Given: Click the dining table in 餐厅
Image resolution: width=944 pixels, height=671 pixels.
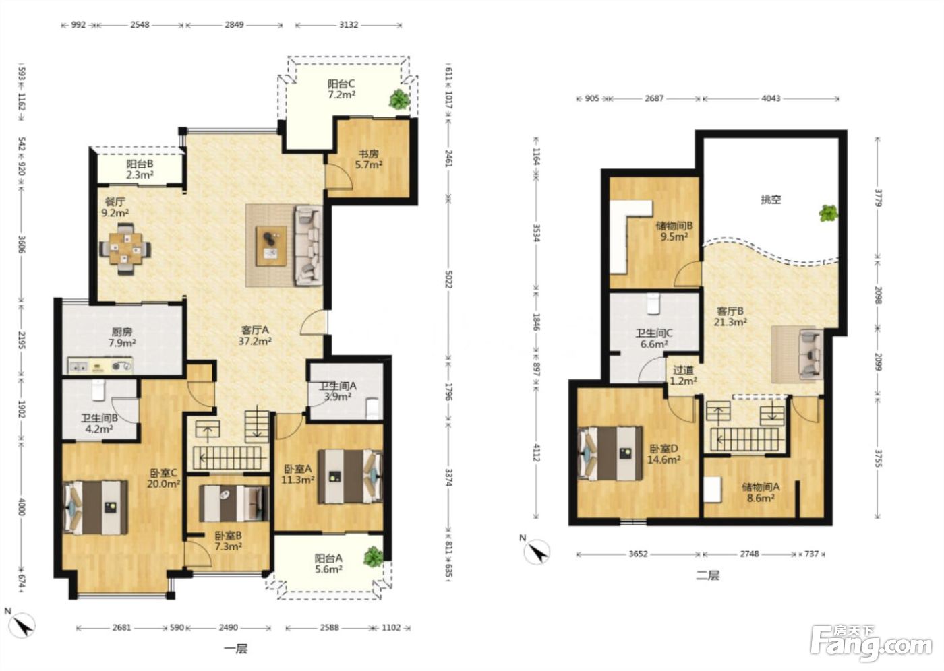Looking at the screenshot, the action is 125,249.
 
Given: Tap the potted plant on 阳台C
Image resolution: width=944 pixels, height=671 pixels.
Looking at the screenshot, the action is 399,100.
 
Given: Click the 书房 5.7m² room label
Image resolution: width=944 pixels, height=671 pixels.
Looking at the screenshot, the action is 369,160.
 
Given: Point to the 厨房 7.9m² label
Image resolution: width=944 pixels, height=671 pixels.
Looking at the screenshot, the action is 122,338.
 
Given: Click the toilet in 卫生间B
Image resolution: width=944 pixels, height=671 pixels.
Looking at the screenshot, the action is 98,390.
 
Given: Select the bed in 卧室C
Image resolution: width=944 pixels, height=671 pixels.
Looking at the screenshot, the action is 95,507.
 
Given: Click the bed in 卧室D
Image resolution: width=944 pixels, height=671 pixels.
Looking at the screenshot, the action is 610,453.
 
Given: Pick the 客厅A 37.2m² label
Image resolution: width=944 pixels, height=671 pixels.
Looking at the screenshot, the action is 255,335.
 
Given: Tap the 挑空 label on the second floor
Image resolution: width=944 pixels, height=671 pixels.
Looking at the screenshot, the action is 771,199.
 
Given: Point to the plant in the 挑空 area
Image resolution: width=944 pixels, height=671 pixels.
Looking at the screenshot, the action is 828,213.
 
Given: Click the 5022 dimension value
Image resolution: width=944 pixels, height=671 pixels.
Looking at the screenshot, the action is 448,279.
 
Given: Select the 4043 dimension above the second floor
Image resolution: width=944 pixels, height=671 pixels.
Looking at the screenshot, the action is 771,98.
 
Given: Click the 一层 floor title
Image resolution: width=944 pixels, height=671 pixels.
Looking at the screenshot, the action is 235,649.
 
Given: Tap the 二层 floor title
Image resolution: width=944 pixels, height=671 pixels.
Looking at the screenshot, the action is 707,575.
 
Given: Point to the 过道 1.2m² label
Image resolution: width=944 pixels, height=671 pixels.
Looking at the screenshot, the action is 683,375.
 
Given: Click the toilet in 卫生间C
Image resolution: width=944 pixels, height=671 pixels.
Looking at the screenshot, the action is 653,304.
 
